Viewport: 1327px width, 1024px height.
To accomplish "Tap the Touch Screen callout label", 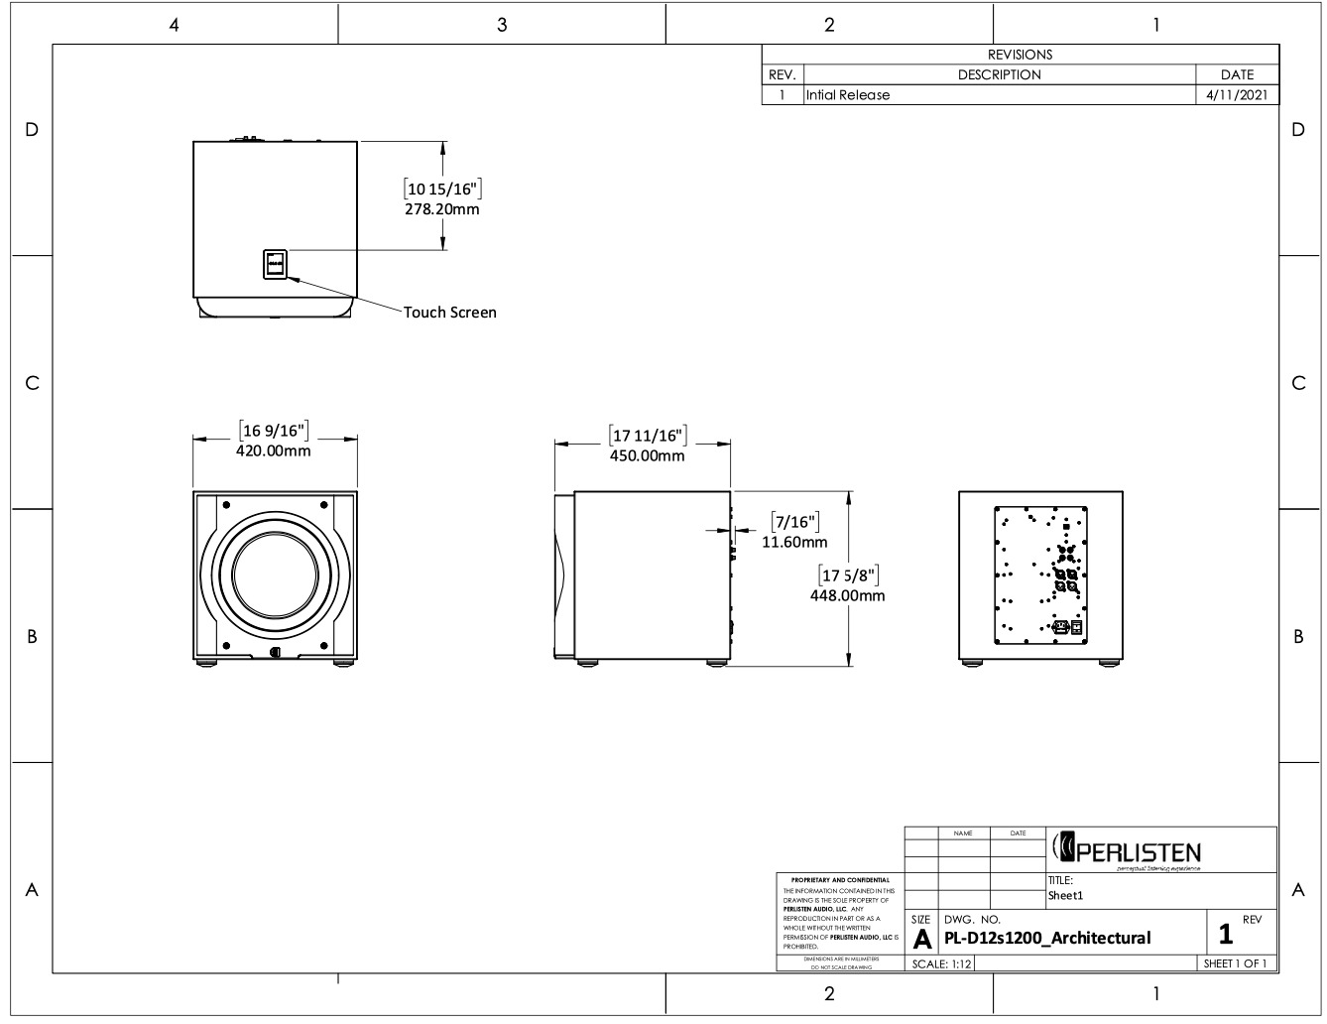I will pos(449,312).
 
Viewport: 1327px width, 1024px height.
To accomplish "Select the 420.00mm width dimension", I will pos(273,450).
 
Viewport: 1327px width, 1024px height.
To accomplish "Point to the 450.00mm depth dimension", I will pos(647,455).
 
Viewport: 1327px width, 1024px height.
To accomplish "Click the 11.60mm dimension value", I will pos(793,542).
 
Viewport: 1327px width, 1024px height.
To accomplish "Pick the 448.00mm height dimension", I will pos(847,595).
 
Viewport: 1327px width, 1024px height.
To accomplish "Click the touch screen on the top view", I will pos(275,264).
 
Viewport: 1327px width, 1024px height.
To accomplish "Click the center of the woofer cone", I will pos(275,578).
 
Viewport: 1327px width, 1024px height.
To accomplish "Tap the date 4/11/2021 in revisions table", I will pos(1237,95).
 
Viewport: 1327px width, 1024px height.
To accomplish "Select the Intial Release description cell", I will pos(849,95).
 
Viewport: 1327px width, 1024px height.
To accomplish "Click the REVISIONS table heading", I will pos(1020,55).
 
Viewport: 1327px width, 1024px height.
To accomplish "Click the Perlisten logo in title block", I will pos(1127,850).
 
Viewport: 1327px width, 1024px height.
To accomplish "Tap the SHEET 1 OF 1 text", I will pos(1235,963).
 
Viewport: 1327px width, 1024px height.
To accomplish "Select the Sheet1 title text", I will pos(1066,895).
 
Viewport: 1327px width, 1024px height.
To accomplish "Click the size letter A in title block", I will pos(921,939).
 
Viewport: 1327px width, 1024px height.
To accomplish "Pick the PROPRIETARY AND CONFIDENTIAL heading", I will pos(840,880).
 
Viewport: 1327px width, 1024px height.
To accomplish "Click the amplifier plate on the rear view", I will pos(1040,576).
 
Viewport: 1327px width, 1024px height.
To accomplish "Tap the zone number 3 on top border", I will pos(502,25).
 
